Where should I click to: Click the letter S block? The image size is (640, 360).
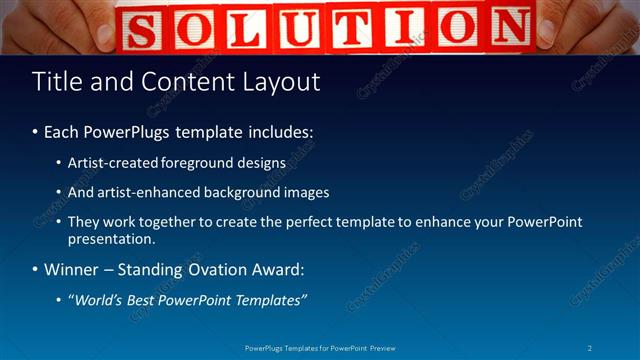click(x=143, y=28)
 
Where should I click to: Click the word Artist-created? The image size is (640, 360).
click(x=111, y=162)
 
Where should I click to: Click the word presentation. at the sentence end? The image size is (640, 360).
click(x=111, y=239)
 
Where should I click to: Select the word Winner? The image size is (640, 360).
click(x=72, y=270)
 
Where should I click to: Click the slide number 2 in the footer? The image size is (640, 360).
click(x=590, y=348)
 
